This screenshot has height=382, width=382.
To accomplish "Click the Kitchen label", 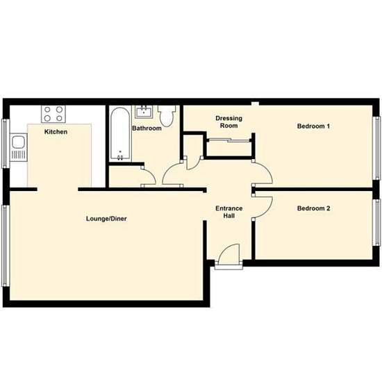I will (x=56, y=131).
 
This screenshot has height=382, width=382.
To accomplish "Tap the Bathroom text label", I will (x=147, y=128).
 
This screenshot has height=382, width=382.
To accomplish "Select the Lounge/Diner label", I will (x=106, y=219).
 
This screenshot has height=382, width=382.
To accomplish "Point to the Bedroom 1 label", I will (x=313, y=126).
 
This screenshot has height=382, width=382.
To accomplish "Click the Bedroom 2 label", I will (x=313, y=208).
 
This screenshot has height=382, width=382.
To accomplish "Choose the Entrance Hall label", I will (x=229, y=212).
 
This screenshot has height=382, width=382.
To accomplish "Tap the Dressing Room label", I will (x=229, y=122).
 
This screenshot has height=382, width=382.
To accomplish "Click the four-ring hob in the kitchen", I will (x=53, y=113).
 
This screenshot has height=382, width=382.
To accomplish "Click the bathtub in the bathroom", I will (x=119, y=134).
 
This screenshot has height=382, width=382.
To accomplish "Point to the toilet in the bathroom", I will (x=167, y=114).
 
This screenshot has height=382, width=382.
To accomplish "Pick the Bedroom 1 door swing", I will (x=262, y=172).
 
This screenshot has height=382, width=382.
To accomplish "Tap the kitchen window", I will (x=6, y=142).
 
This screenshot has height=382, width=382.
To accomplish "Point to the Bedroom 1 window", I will (x=377, y=145).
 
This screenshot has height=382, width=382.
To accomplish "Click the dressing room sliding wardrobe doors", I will (x=230, y=141).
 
